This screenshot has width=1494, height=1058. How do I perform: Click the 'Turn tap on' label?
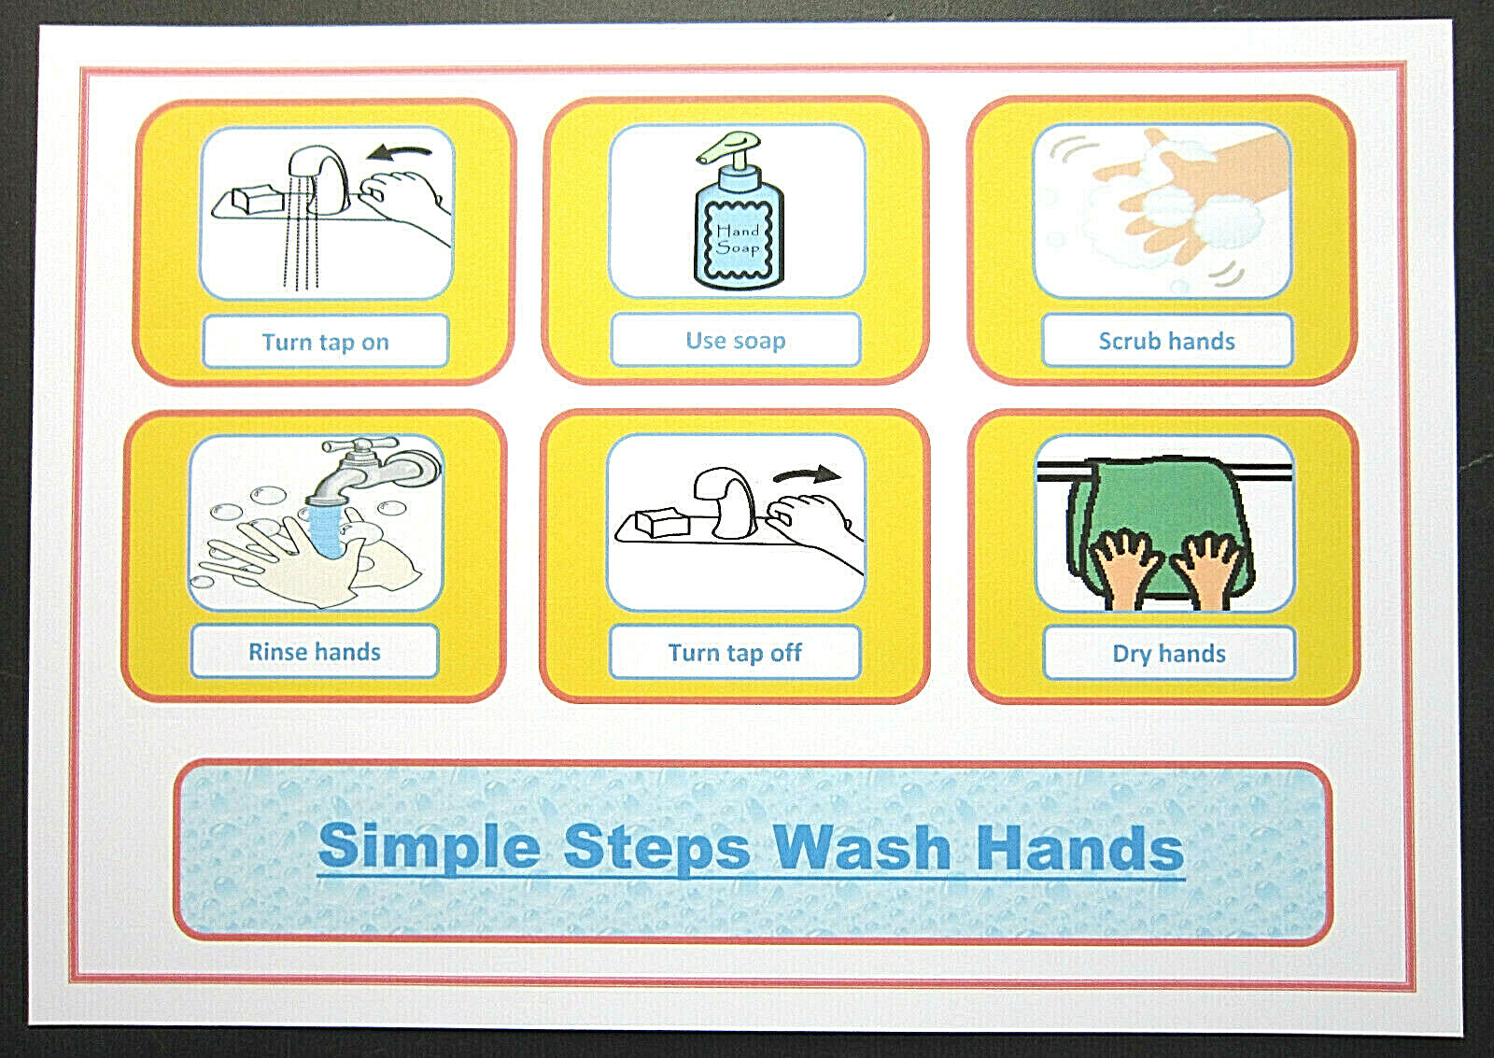pyautogui.click(x=325, y=342)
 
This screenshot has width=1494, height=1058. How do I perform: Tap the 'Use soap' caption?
pyautogui.click(x=735, y=341)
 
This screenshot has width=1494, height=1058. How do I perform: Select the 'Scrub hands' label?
pyautogui.click(x=1166, y=341)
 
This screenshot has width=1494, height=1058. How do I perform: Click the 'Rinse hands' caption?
pyautogui.click(x=314, y=652)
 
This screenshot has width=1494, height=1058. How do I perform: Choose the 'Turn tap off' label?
pyautogui.click(x=734, y=653)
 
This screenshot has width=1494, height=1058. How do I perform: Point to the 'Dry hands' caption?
pyautogui.click(x=1168, y=654)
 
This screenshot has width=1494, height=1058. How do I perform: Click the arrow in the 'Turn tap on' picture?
pyautogui.click(x=400, y=150)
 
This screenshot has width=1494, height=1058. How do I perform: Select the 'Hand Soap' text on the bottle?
pyautogui.click(x=738, y=239)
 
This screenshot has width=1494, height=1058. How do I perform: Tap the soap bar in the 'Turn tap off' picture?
pyautogui.click(x=662, y=523)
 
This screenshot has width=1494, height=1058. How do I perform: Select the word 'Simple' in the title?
pyautogui.click(x=429, y=847)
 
